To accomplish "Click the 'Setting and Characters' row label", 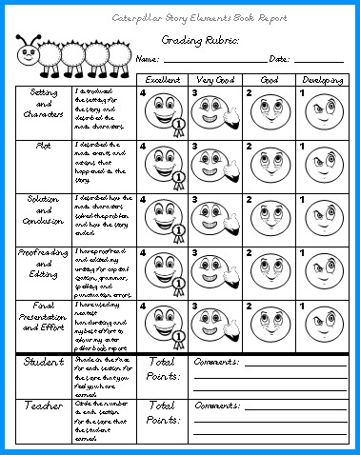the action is [x=43, y=111].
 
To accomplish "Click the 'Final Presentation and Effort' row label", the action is [x=43, y=323].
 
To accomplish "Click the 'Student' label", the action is [x=43, y=363].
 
